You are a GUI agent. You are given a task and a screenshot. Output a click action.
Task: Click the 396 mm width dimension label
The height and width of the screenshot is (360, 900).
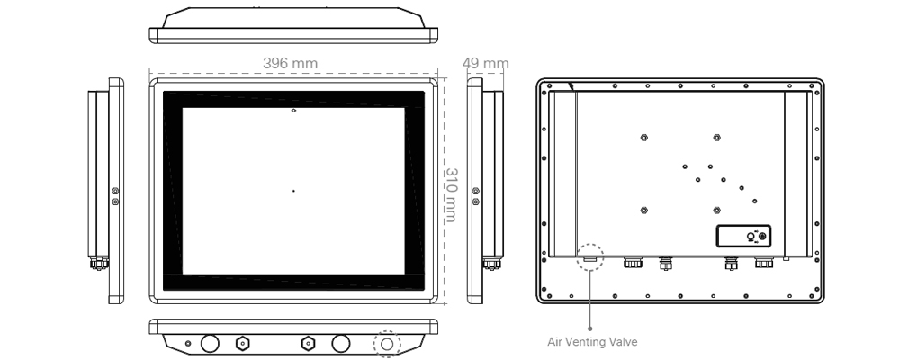click(290, 64)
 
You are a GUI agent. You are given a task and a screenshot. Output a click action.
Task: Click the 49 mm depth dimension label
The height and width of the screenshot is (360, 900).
click(485, 64)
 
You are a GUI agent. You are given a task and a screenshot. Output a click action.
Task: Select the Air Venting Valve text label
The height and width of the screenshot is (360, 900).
click(592, 341)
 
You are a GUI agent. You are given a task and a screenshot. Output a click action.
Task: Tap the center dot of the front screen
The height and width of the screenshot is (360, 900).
click(293, 191)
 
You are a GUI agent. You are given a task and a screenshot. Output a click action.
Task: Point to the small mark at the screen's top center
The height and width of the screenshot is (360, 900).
click(293, 111)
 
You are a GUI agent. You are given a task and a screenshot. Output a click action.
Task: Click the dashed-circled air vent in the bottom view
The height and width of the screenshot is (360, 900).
click(387, 344)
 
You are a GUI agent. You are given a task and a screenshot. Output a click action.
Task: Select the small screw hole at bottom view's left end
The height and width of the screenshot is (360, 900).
click(187, 344)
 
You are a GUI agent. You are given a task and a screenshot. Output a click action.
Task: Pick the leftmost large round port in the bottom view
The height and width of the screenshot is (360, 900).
click(211, 344)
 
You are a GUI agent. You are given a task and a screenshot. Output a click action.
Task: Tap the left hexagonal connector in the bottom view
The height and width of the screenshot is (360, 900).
click(242, 344)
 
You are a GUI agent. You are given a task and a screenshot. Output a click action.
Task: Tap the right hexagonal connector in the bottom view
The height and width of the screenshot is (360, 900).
click(306, 344)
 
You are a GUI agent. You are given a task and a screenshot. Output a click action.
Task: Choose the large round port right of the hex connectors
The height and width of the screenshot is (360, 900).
click(340, 344)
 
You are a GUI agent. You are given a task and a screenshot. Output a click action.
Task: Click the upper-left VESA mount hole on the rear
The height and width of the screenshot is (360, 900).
click(643, 138)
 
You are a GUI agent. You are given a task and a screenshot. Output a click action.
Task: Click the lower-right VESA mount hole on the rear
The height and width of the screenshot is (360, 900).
click(715, 210)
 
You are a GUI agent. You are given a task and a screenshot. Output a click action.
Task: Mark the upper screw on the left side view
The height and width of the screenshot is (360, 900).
click(114, 191)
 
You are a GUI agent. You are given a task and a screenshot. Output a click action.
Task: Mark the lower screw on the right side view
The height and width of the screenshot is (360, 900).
click(475, 202)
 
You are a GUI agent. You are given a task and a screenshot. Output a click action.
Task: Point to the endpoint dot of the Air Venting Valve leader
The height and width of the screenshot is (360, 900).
click(590, 327)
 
